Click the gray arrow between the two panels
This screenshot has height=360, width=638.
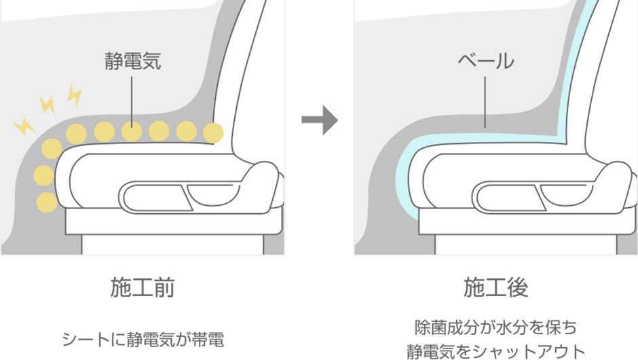pos(319,121)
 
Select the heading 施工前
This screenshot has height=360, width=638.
pos(143,288)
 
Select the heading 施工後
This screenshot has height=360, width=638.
pos(495,288)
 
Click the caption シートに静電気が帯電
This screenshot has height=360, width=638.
pos(143,338)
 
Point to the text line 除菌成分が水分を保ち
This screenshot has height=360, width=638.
pos(495,327)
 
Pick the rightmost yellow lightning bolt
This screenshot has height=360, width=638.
pos(74,96)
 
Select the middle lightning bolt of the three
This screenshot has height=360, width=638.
pos(48,104)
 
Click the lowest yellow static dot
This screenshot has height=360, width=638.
pos(46,202)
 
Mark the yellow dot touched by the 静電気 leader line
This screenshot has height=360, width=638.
pos(132,130)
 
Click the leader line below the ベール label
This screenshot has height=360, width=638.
pos(485,102)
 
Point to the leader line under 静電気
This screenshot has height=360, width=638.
pos(132,98)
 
